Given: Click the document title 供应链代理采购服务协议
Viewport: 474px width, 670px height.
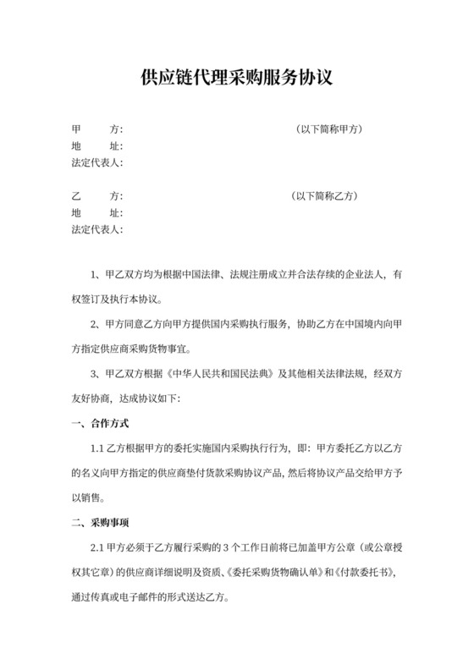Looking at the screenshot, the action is [x=236, y=79].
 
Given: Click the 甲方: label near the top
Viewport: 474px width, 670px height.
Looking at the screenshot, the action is [x=97, y=129].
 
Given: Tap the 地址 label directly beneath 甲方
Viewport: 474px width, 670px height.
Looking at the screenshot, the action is [x=97, y=146].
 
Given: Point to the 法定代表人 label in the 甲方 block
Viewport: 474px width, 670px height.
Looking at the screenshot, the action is [x=97, y=162].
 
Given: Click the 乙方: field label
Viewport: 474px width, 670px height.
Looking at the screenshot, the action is [x=97, y=196].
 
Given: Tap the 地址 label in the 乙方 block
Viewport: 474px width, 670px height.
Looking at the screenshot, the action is [x=97, y=212].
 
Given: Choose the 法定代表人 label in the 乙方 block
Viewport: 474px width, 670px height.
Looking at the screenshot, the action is [x=97, y=229].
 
